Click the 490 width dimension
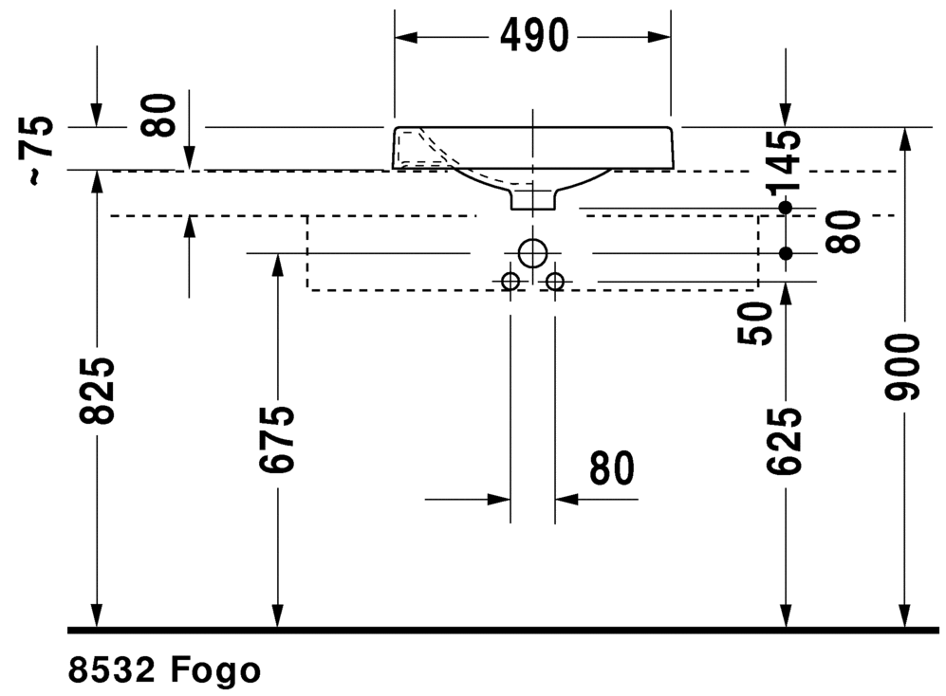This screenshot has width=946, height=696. (534, 35)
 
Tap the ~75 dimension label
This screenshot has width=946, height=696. (36, 150)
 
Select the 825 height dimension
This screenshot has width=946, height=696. (97, 391)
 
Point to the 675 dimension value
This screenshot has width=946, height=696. (277, 438)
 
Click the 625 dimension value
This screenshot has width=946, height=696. (785, 440)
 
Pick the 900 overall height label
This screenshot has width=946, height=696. (902, 367)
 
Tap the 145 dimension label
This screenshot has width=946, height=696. (785, 161)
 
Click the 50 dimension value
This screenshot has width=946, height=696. (755, 323)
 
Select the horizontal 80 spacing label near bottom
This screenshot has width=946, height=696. (612, 468)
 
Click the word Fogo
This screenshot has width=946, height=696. (216, 670)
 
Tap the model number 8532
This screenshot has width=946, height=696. (112, 670)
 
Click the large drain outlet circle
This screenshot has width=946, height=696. (532, 253)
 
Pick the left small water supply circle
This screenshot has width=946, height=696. (510, 281)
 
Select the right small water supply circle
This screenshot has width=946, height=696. (555, 281)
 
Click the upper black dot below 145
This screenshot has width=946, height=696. (785, 208)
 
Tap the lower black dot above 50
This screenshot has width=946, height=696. (786, 254)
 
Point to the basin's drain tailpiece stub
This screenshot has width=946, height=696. (532, 199)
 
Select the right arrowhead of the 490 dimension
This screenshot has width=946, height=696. (659, 37)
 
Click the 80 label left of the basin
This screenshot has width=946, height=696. (159, 115)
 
